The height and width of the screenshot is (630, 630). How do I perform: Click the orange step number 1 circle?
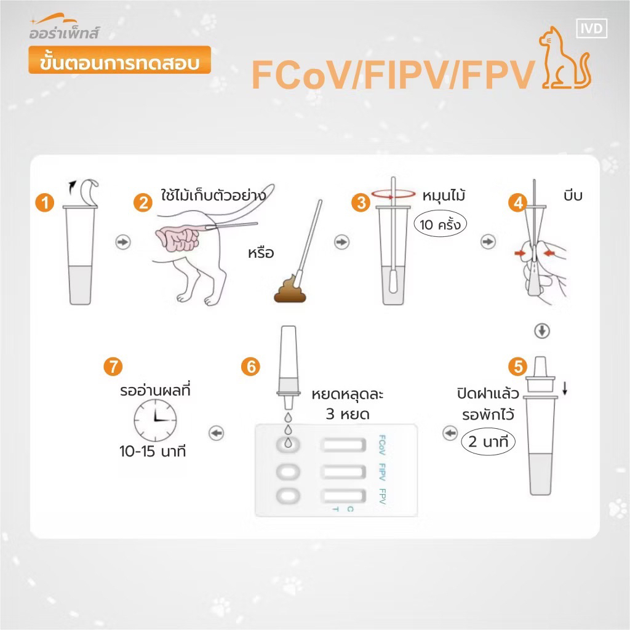[44, 202]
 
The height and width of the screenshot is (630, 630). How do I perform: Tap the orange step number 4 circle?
[518, 202]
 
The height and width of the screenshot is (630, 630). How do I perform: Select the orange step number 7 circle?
[113, 367]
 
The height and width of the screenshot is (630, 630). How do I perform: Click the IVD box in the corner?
[591, 28]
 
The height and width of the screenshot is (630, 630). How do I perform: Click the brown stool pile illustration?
[290, 289]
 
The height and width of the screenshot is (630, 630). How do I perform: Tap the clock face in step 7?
[155, 420]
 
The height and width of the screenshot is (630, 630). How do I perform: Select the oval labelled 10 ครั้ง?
[440, 224]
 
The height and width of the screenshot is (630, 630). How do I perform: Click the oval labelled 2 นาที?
[488, 442]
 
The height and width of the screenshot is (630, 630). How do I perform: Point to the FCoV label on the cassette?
[382, 445]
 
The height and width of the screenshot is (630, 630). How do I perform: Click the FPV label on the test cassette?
[382, 496]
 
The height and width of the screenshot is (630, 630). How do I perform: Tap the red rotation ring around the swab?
[393, 194]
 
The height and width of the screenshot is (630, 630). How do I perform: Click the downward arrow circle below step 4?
[542, 330]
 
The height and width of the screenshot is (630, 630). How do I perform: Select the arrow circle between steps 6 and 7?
[217, 433]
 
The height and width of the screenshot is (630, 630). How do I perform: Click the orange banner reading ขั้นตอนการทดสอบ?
[120, 60]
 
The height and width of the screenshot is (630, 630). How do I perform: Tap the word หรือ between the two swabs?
[261, 253]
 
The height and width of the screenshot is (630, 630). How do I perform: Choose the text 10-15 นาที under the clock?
[153, 452]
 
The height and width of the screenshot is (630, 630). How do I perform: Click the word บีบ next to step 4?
[573, 196]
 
